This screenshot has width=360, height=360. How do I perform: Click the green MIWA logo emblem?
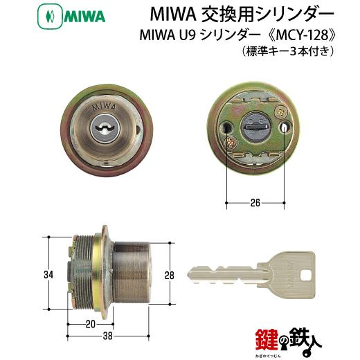click(x=50, y=17)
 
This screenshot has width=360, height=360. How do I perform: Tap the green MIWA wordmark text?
click(x=84, y=17)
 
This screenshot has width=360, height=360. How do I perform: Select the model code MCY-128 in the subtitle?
click(x=303, y=35)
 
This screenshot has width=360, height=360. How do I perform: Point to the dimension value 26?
click(x=255, y=203)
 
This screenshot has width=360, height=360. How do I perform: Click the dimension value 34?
click(x=48, y=275)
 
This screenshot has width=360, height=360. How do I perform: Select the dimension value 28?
click(x=170, y=275)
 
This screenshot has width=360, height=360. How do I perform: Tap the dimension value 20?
click(x=91, y=324)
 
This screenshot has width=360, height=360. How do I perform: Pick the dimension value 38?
click(x=108, y=336)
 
